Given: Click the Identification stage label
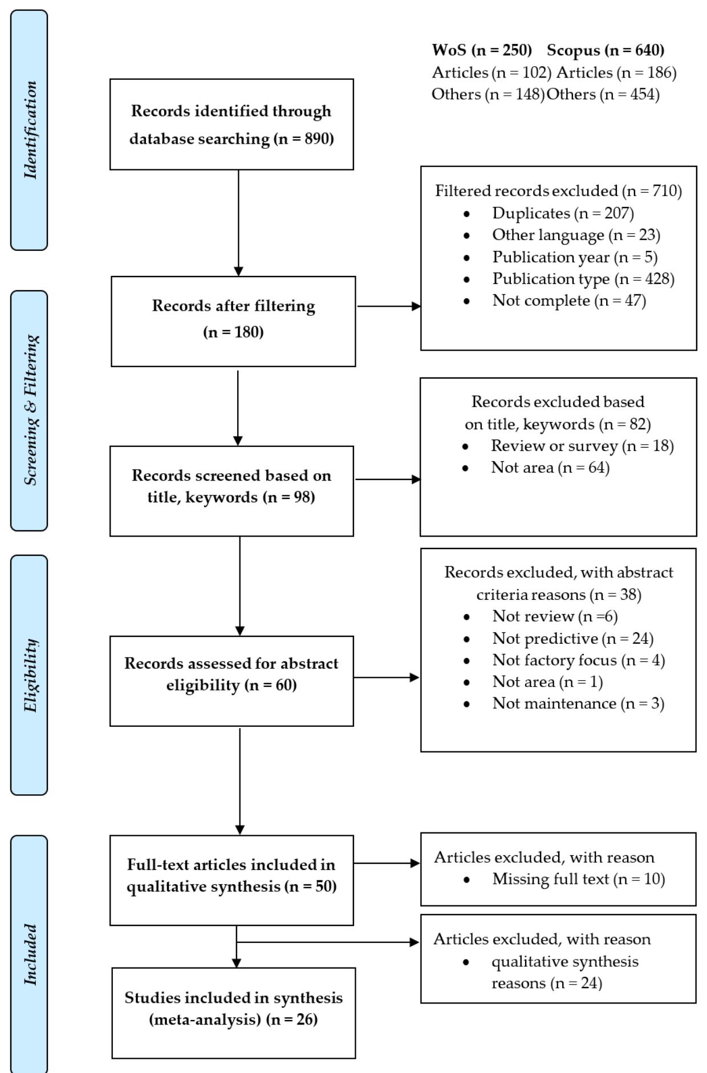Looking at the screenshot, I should coord(30,130).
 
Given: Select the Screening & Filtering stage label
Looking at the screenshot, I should coord(30,410).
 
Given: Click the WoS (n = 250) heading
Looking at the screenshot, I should coord(481,50).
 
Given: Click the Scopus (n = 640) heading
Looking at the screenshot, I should coord(606,50).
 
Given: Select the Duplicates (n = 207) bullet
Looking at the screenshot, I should coord(563,213).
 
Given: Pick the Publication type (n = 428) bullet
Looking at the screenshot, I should coord(583,279).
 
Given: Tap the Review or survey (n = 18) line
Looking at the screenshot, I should coord(582,446).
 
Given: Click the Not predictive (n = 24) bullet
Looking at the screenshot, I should coord(572,639).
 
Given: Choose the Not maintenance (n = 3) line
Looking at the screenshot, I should coord(578,704).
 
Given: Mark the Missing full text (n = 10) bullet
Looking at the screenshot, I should coord(578,879).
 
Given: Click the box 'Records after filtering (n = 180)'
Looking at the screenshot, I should coord(233,321).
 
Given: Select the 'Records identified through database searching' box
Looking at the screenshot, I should coord(231,124).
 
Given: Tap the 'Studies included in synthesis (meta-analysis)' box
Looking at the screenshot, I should coord(233,1013).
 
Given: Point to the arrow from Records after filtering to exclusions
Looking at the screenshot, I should coord(388,306).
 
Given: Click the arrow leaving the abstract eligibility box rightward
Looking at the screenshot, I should coord(386,677).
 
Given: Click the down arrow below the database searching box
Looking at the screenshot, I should coord(238,222).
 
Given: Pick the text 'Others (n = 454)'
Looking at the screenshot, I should coord(603,94).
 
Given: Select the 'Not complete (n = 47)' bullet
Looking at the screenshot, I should coord(568,300).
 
